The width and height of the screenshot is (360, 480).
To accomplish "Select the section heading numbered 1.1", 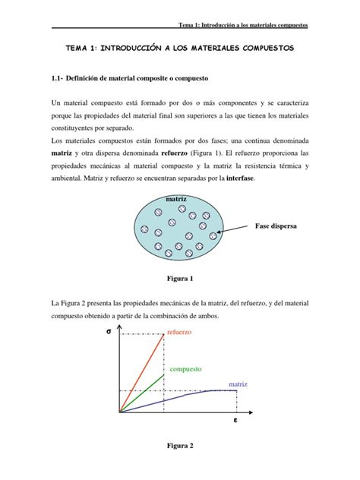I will [133, 79].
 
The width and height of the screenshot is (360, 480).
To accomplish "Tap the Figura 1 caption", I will [179, 278].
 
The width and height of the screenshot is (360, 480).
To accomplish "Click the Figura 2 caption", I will [179, 446].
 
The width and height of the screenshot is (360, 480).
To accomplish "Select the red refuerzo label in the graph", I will [179, 333].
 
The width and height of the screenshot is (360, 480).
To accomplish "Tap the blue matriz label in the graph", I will [238, 384].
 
